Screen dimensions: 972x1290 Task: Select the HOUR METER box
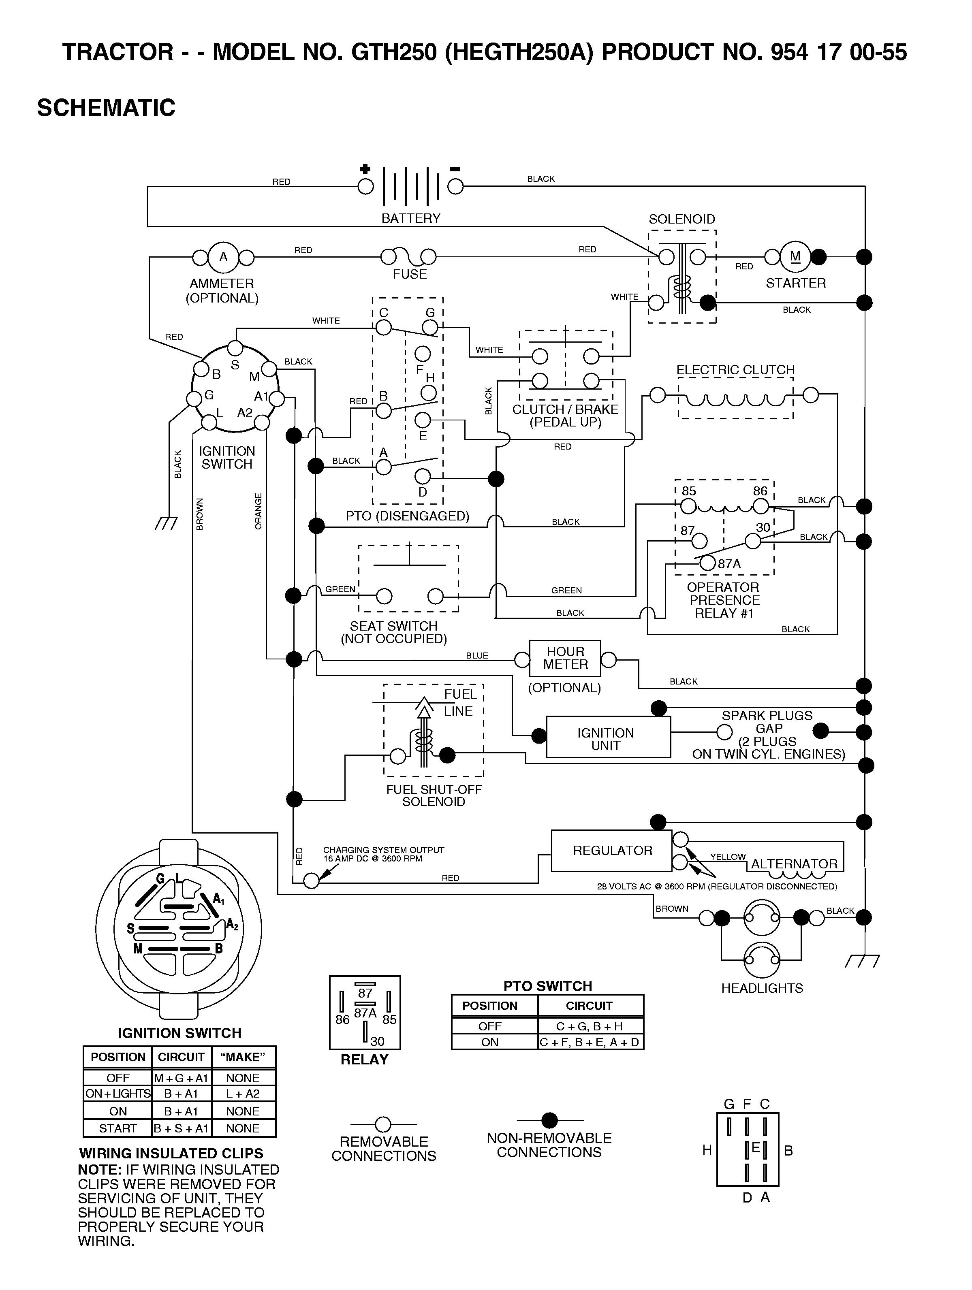[x=565, y=659]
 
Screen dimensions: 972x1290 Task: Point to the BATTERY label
[x=411, y=218]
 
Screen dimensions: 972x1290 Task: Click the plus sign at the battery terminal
[x=365, y=169]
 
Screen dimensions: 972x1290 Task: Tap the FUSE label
[x=410, y=274]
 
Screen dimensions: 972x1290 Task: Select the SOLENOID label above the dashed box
[x=681, y=219]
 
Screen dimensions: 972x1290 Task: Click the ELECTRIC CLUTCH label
[x=735, y=370]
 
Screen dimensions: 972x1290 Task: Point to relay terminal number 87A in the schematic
[x=729, y=564]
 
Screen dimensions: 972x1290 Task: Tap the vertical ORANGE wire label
[x=258, y=512]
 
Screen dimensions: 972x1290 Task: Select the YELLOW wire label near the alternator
[x=728, y=857]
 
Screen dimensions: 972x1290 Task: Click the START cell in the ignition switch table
[x=118, y=1128]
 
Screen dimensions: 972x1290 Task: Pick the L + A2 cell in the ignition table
[x=243, y=1094]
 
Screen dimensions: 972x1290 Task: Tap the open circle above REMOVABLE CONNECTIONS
[x=383, y=1124]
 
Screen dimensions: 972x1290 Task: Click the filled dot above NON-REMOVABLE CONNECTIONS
[x=549, y=1120]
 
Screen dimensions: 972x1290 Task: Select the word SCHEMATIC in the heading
[x=106, y=108]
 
